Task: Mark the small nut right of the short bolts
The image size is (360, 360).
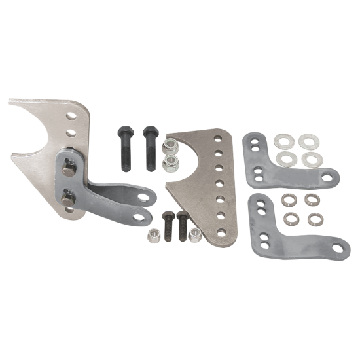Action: (x=194, y=234)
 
